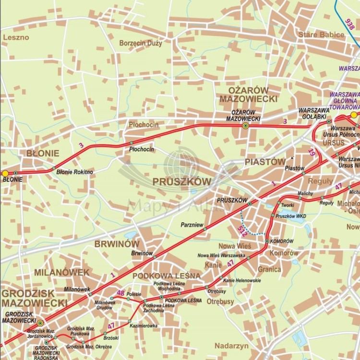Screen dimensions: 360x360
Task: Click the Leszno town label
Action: [x=16, y=37]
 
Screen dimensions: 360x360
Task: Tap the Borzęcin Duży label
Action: [x=141, y=43]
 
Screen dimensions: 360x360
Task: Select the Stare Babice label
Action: [x=321, y=35]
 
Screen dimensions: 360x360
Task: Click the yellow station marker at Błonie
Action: [x=5, y=173]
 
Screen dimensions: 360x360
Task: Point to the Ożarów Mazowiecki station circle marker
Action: [x=245, y=126]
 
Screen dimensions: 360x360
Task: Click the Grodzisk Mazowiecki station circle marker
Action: [x=40, y=323]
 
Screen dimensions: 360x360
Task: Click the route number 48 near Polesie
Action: [x=120, y=293]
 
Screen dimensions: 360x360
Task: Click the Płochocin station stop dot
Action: [x=132, y=143]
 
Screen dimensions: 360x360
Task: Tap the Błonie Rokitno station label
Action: [x=75, y=172]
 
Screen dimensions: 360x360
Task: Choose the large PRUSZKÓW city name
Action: [x=182, y=181]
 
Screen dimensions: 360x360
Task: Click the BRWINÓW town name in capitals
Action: [x=117, y=243]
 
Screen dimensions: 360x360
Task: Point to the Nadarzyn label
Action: [x=231, y=346]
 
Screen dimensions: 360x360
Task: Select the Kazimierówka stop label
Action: [x=144, y=325]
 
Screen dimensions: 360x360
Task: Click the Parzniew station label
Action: [x=192, y=224]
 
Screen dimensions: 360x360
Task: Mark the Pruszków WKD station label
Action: [x=291, y=216]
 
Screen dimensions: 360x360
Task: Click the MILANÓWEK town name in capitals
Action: [x=61, y=272]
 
